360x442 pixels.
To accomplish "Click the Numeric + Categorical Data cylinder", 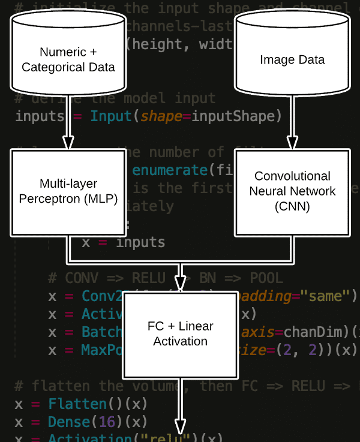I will (x=68, y=59).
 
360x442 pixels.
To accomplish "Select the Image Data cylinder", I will (x=292, y=59).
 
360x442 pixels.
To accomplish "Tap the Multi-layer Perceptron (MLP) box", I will (x=68, y=191).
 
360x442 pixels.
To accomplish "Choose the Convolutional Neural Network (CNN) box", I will (x=292, y=191).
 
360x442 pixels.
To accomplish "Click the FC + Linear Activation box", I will (x=180, y=334).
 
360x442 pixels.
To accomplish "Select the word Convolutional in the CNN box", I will (x=292, y=176).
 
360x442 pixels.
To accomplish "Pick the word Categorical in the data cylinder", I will (x=53, y=67).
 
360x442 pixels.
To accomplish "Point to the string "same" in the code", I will (x=325, y=296).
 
